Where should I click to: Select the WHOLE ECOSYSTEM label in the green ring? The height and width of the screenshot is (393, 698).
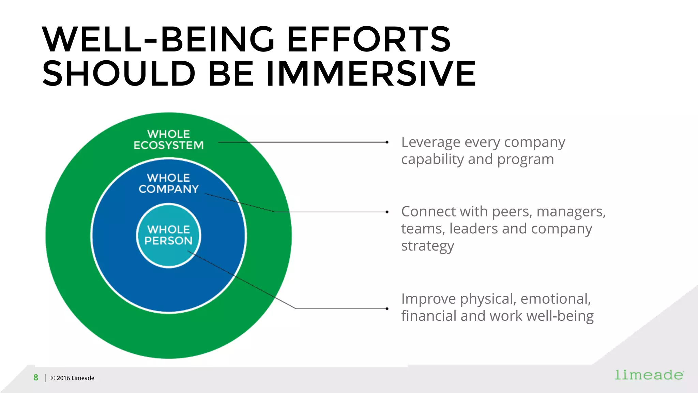click(168, 140)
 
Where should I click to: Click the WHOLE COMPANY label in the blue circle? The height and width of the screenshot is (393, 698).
click(168, 183)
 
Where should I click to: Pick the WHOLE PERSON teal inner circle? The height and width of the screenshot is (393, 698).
click(168, 235)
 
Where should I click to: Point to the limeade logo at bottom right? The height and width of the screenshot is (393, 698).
click(649, 375)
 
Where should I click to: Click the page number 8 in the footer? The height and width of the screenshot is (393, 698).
click(36, 378)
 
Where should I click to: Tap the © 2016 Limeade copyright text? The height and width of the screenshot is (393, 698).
click(72, 378)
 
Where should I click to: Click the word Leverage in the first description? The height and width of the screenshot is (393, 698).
click(430, 142)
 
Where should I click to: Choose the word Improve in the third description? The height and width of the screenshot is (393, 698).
click(428, 299)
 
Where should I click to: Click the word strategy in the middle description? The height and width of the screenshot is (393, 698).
click(427, 246)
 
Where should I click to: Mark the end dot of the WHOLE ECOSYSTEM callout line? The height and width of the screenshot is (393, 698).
click(387, 142)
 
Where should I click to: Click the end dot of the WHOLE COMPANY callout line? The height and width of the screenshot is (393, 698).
click(387, 212)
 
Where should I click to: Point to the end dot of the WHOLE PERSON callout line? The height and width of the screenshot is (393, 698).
click(387, 309)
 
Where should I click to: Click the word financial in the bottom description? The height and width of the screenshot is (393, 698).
click(429, 316)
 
